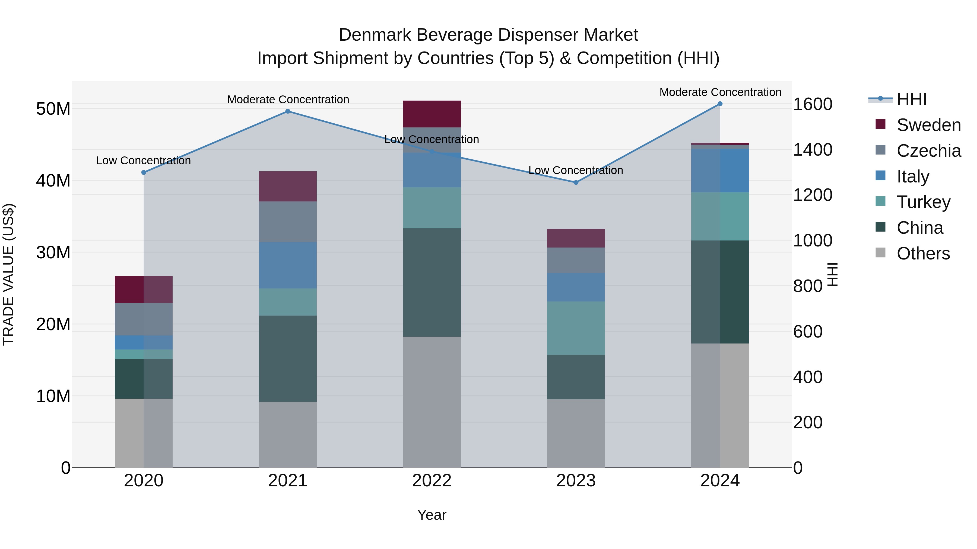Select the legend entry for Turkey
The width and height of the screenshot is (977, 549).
pyautogui.click(x=923, y=202)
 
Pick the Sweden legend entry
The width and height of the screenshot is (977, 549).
pyautogui.click(x=928, y=125)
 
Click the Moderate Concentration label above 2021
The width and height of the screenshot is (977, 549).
pyautogui.click(x=288, y=100)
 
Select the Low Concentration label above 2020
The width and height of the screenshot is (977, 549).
pyautogui.click(x=143, y=161)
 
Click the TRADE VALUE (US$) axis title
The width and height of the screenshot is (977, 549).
pyautogui.click(x=8, y=274)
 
